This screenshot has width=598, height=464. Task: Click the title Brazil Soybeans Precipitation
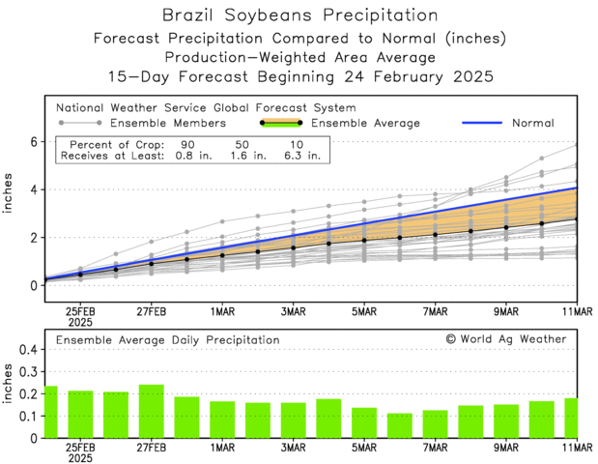[x=299, y=16]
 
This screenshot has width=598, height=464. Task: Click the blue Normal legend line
[x=492, y=123]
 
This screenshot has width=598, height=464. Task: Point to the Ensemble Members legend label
[x=168, y=123]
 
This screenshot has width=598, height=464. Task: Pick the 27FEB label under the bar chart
[x=151, y=448]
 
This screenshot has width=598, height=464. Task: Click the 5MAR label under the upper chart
[x=364, y=312]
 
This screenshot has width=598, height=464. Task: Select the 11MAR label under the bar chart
[x=577, y=448]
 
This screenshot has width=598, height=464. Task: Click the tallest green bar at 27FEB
[x=151, y=412]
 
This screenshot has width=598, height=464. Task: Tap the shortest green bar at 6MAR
[x=399, y=425]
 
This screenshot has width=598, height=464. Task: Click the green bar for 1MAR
[x=222, y=420]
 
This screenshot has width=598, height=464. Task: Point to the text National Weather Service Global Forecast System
[x=206, y=107]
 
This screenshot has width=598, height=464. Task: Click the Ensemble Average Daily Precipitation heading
[x=167, y=340]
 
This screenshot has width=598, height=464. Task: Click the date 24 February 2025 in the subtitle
[x=425, y=75]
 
